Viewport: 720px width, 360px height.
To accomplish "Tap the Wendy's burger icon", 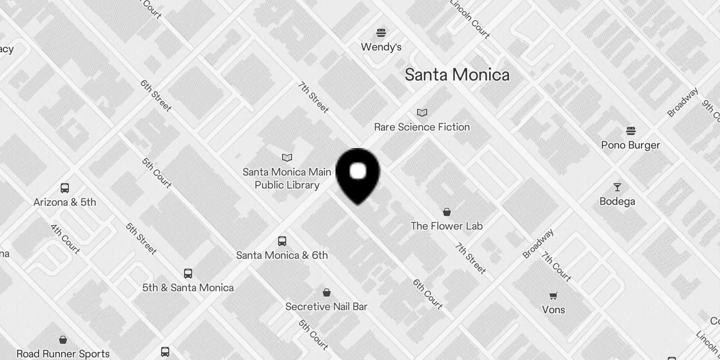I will (x=381, y=32).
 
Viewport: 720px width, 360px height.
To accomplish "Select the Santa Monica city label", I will (x=457, y=75).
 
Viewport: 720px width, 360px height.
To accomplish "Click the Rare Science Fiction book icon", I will (x=422, y=112).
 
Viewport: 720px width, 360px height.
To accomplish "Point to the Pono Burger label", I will (x=630, y=145).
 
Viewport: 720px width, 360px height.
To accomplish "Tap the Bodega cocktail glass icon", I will (x=617, y=187).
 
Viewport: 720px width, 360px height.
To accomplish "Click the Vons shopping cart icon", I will (x=553, y=296).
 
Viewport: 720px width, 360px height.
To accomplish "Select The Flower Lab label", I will (x=446, y=226).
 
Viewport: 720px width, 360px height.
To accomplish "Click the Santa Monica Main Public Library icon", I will (x=287, y=157).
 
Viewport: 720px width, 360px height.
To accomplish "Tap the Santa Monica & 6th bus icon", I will (x=282, y=241).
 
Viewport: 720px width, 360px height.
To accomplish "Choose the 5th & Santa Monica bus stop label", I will (x=188, y=288).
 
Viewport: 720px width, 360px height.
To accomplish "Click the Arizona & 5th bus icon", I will (x=65, y=188).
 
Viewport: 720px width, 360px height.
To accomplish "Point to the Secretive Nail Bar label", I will (x=326, y=306).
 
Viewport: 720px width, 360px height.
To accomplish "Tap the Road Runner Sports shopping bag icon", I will (x=63, y=340).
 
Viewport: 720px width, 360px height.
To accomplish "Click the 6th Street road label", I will (x=156, y=95).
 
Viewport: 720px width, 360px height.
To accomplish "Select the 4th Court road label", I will (x=65, y=239).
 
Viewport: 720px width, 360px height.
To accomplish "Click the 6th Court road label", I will (x=427, y=294).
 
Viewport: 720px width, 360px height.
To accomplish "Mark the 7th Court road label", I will (x=556, y=267).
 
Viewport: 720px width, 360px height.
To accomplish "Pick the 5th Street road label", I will (x=141, y=238).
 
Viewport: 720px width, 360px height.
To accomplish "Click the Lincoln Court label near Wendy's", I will (x=470, y=19).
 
